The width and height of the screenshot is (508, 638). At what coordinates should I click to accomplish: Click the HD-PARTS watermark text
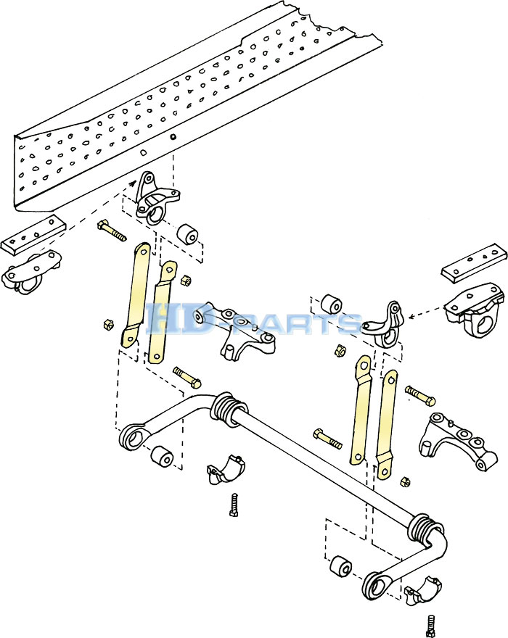pos(253,320)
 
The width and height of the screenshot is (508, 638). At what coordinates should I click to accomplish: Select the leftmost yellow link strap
pos(135,294)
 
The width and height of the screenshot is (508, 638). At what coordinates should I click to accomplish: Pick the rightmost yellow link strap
pos(387,423)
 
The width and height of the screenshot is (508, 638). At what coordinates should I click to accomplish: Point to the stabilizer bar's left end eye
pos(134,437)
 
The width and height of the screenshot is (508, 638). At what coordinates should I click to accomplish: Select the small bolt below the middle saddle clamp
pos(234,505)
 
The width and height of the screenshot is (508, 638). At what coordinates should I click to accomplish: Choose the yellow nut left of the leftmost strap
pos(108,325)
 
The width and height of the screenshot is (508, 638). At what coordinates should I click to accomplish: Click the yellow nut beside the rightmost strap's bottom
pos(404,481)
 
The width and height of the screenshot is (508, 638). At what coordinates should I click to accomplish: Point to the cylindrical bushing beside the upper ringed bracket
pos(189,234)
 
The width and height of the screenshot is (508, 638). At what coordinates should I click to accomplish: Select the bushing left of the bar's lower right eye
pos(340,566)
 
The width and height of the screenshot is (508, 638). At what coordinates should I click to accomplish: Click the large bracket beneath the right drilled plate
pos(475,310)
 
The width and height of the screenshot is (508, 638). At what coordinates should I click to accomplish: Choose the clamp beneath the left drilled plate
pos(32,272)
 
